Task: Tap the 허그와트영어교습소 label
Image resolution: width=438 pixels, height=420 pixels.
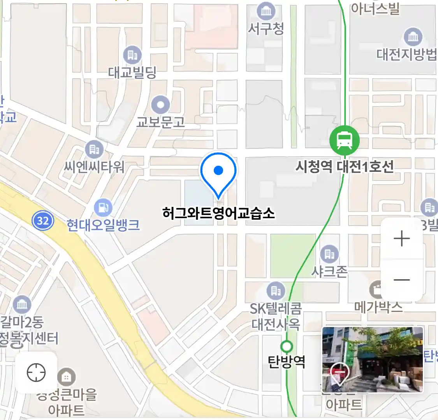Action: (x=218, y=213)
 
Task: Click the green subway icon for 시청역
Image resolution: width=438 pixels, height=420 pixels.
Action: (x=345, y=140)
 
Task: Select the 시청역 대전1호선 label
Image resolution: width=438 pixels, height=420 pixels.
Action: (x=345, y=167)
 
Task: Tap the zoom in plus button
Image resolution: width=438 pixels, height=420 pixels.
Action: (x=401, y=238)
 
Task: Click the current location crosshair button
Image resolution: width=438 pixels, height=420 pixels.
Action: (x=36, y=373)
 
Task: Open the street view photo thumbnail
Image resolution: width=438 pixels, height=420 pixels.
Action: (x=373, y=359)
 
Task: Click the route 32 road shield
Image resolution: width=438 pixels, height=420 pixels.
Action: (x=42, y=221)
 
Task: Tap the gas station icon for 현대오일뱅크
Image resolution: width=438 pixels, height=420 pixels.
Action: (x=103, y=208)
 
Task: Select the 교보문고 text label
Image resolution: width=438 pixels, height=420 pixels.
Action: (x=160, y=122)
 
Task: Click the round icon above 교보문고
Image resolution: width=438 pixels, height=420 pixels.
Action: (x=160, y=105)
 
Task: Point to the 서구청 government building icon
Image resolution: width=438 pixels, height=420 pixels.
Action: (x=266, y=11)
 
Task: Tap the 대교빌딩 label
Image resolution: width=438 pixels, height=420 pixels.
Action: (x=132, y=72)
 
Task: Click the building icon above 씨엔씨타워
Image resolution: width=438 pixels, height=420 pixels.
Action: (x=94, y=150)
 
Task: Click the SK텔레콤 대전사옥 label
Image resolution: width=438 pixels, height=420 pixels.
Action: (x=276, y=317)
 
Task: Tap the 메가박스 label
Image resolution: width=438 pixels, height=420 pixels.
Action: (x=378, y=307)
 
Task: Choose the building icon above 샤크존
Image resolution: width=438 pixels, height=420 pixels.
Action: (x=329, y=254)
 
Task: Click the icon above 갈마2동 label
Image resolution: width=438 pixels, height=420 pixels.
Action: (x=22, y=304)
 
